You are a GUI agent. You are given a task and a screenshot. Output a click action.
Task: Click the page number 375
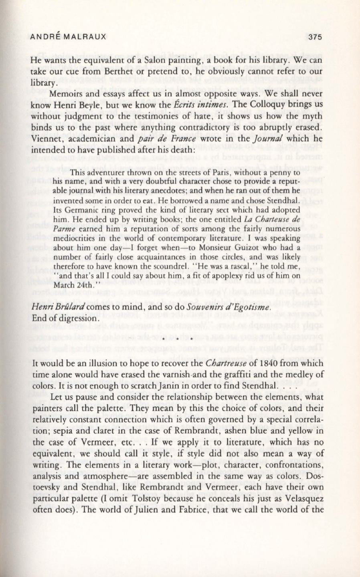[x=316, y=36]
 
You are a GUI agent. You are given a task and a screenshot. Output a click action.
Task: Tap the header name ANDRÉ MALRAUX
[x=68, y=36]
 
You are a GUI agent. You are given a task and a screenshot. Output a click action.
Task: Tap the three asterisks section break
[x=180, y=339]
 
